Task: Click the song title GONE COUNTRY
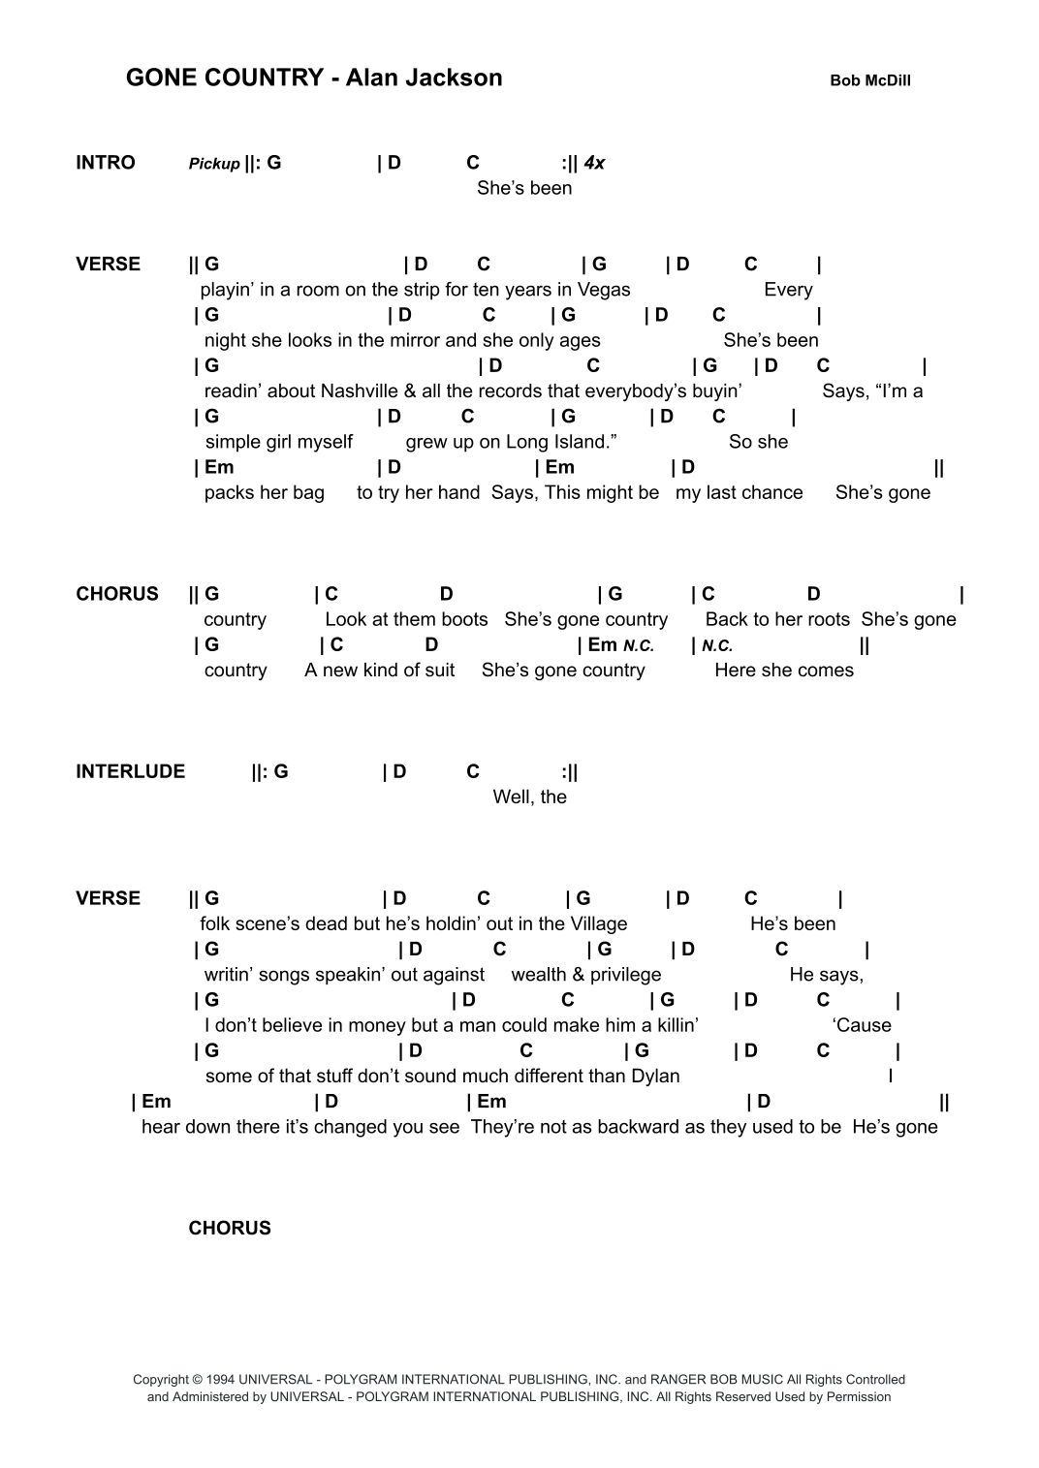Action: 224,78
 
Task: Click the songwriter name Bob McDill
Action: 869,81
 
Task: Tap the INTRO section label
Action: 106,163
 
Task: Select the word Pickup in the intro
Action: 214,164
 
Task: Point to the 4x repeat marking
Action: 594,163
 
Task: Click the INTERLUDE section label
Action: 130,771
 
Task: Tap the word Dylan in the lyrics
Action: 655,1077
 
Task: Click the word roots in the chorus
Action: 826,620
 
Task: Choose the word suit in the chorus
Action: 437,671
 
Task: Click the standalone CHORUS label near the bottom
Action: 230,1229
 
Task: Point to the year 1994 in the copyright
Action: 222,1380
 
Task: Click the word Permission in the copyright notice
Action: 858,1397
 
